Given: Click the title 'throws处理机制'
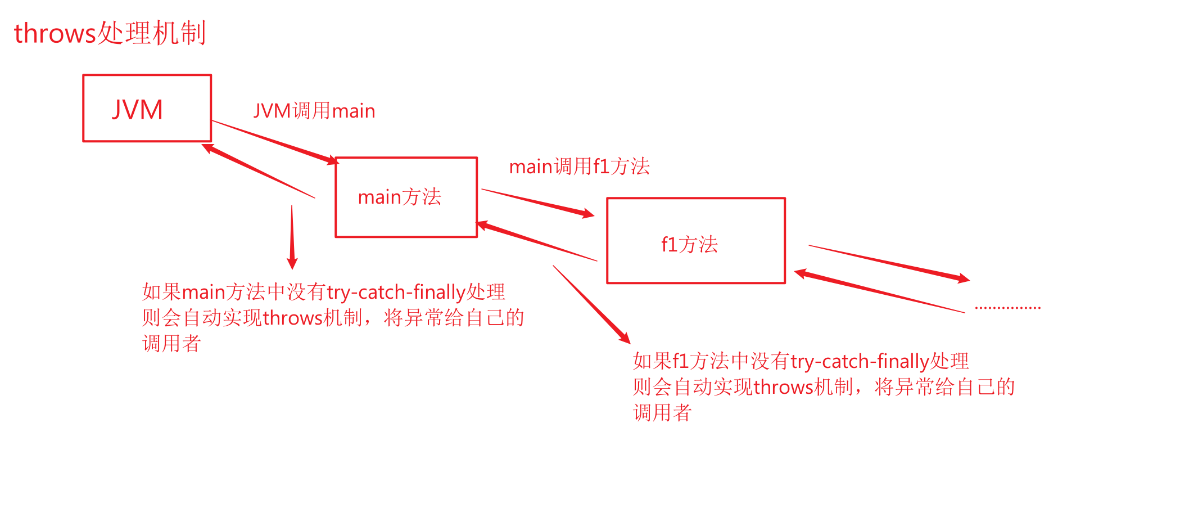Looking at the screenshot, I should (x=110, y=33).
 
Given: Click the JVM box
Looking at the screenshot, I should (x=147, y=108).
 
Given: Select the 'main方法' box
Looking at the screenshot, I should (x=406, y=197).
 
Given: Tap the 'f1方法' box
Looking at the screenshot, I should (x=695, y=241).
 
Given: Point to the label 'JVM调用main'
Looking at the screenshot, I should (x=314, y=111).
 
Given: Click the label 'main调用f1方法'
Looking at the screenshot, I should (x=579, y=167).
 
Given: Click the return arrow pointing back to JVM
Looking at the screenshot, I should (x=259, y=172).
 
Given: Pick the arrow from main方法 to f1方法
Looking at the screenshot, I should (x=537, y=203).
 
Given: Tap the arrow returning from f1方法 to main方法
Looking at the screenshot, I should (x=537, y=242).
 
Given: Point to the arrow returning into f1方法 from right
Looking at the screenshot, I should (x=880, y=292).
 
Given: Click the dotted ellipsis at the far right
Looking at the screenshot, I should (x=1007, y=308).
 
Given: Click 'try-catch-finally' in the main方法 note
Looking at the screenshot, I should (x=396, y=293).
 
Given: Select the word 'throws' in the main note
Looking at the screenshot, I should (x=292, y=318).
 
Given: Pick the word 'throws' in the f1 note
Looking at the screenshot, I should (x=783, y=388).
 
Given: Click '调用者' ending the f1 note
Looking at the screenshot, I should (x=662, y=413).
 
